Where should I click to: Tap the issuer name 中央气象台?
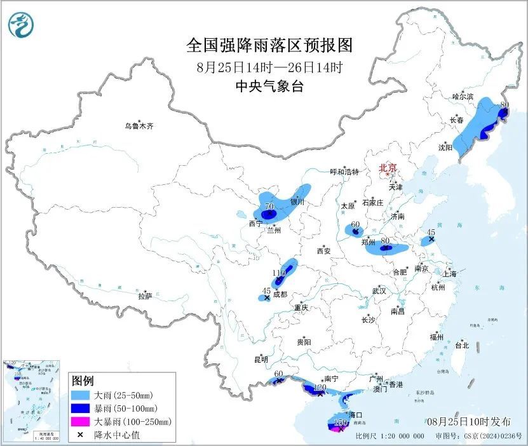coord(269,87)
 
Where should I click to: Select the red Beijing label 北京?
coord(387,168)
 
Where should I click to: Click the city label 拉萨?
coord(145,296)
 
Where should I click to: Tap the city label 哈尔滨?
coord(463,97)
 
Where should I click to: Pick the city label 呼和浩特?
coord(344,172)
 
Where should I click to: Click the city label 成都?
coord(280,295)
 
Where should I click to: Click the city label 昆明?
coord(261,360)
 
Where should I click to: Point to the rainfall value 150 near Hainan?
coord(341,422)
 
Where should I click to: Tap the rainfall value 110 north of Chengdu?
coord(278,273)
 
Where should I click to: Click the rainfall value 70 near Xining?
coord(269,206)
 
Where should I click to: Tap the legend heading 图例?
coord(83,381)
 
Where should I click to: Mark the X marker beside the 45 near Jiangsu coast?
coord(431,240)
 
